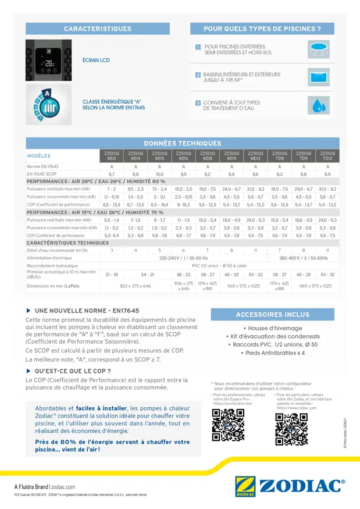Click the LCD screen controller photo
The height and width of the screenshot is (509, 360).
pyautogui.click(x=48, y=60)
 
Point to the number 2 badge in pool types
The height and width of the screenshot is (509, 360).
pyautogui.click(x=198, y=75)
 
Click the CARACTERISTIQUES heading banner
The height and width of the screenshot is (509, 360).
pyautogui.click(x=97, y=28)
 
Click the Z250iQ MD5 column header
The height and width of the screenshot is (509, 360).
pyautogui.click(x=159, y=156)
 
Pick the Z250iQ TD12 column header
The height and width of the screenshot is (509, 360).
pyautogui.click(x=327, y=156)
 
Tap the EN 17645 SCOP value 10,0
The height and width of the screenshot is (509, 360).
pyautogui.click(x=159, y=174)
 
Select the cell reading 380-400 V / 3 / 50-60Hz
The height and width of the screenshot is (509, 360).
pyautogui.click(x=303, y=258)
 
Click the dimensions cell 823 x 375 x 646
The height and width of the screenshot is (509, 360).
pyautogui.click(x=135, y=286)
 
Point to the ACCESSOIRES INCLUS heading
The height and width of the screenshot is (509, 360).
pyautogui.click(x=272, y=315)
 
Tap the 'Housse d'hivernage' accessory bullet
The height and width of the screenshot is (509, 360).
pyautogui.click(x=272, y=328)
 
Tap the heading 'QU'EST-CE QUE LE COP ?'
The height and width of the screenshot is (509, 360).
pyautogui.click(x=72, y=371)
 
